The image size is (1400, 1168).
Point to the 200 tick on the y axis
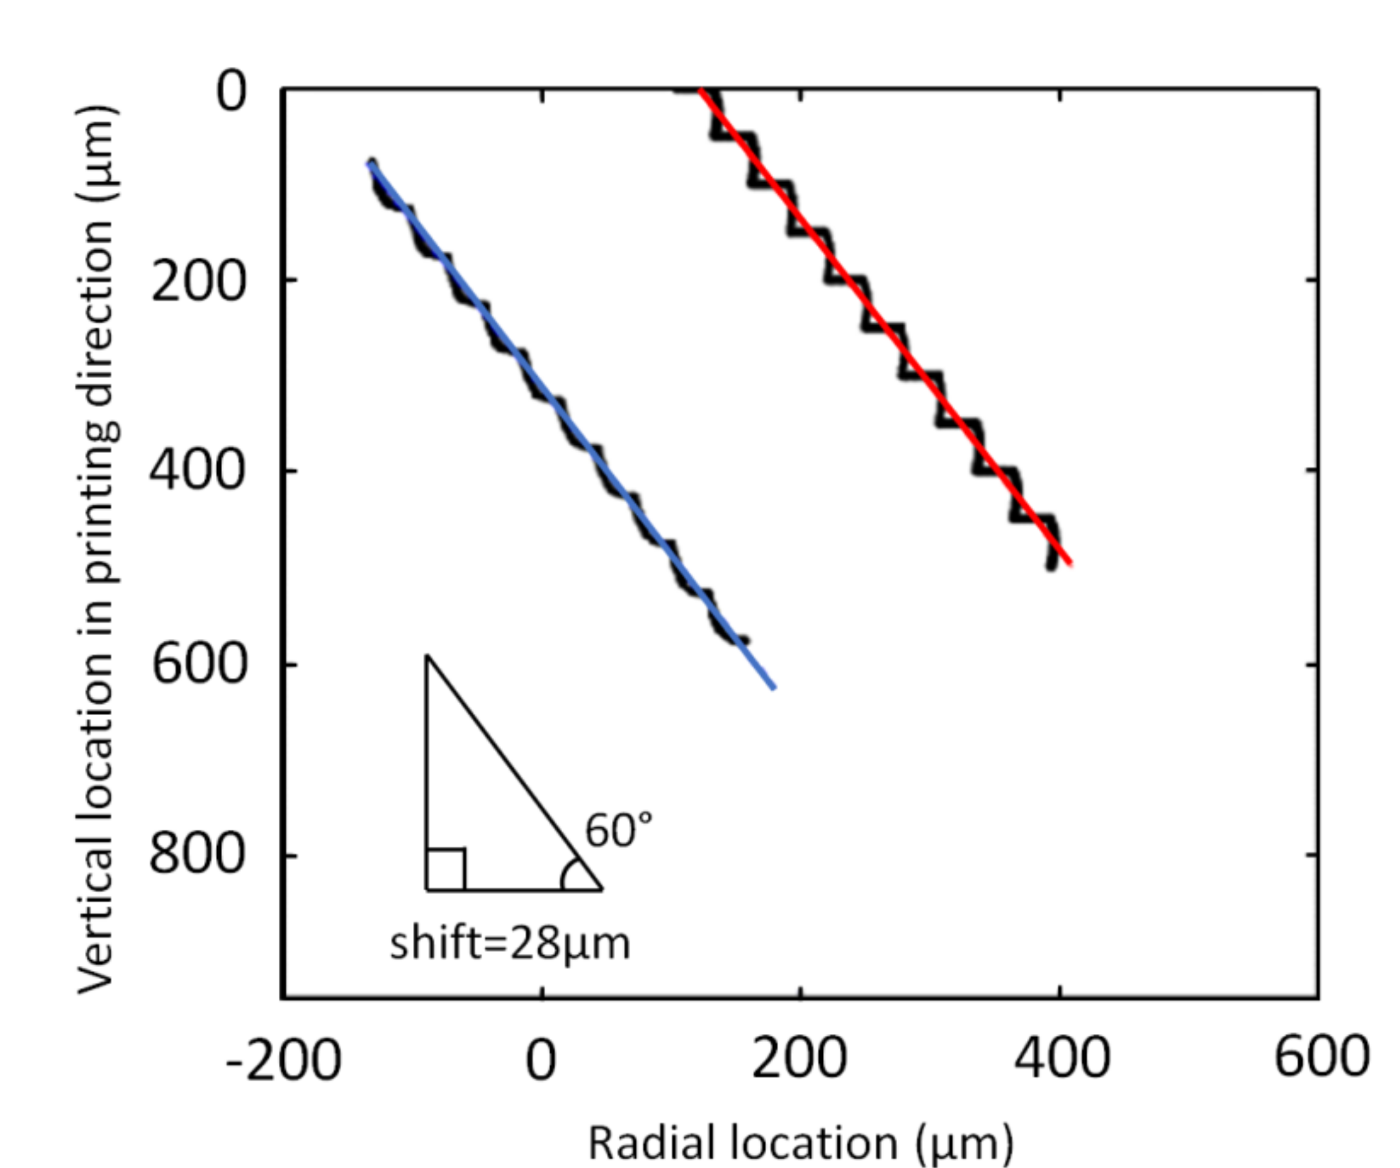click(197, 281)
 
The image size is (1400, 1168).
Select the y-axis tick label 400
click(196, 470)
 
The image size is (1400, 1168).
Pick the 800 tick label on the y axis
click(196, 854)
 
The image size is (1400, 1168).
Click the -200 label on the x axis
click(283, 1061)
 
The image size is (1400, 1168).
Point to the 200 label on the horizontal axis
click(799, 1061)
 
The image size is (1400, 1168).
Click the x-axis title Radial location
click(800, 1142)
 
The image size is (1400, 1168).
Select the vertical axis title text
click(99, 551)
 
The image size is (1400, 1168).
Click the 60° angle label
click(619, 830)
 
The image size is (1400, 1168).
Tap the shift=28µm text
click(510, 945)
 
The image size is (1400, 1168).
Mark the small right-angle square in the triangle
click(445, 869)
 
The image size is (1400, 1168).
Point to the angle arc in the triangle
click(566, 874)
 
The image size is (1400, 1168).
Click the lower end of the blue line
click(774, 688)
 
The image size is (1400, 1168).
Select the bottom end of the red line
click(1070, 563)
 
